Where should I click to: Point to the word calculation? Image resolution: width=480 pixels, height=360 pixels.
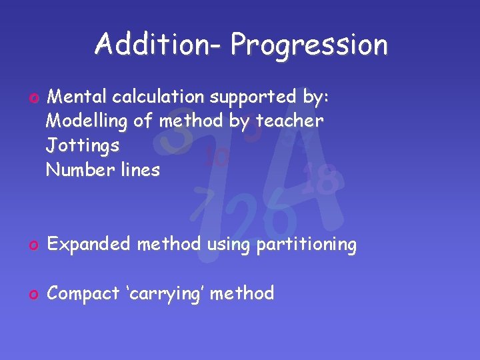point(159,97)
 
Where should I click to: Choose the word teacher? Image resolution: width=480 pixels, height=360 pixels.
point(291,121)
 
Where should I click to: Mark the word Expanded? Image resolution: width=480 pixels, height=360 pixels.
point(91,245)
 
